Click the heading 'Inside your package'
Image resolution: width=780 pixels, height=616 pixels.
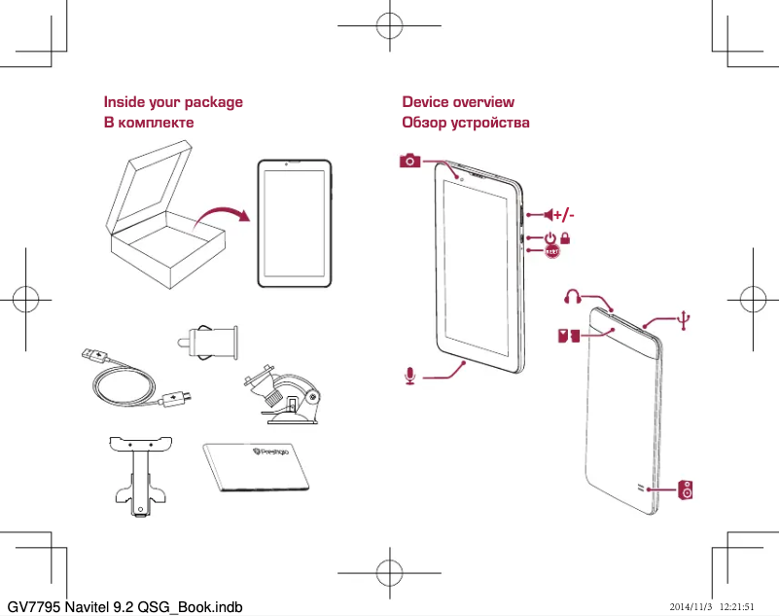[173, 102]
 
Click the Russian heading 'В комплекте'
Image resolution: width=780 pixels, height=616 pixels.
[149, 123]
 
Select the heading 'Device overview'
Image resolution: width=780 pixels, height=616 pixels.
[458, 102]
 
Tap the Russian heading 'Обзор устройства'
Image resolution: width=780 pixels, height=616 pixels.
[466, 123]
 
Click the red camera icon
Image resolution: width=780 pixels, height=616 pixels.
[410, 161]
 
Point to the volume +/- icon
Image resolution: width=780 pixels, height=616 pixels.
[558, 214]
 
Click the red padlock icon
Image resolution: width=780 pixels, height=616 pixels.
[565, 237]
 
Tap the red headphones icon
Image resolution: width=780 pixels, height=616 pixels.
[575, 295]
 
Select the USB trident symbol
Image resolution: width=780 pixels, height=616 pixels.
[686, 319]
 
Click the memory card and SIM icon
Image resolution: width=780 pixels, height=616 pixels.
[569, 337]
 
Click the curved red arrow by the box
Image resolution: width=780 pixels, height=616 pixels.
[221, 213]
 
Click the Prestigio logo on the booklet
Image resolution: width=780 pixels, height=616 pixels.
[278, 453]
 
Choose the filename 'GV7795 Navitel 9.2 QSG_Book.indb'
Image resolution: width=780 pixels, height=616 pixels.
[124, 606]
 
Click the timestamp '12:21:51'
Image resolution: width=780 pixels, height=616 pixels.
[737, 606]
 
